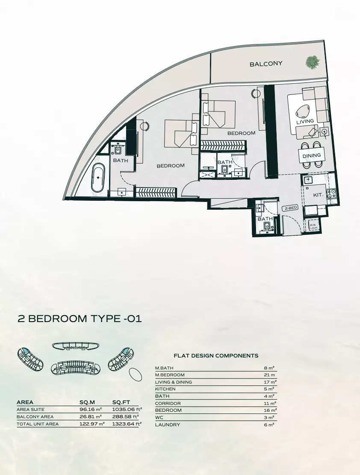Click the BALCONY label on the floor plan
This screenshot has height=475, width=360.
pos(266,64)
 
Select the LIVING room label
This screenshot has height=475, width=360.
pos(305,121)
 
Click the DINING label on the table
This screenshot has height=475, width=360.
pos(312,156)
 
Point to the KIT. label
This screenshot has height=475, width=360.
pos(318,194)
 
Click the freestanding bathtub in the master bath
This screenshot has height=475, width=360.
pos(99,176)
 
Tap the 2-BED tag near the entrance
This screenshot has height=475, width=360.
pos(290,208)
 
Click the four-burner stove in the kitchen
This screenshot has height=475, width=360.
pos(332,194)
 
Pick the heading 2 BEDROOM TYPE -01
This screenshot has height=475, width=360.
pos(79,319)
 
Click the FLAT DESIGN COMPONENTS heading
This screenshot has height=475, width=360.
pos(216,355)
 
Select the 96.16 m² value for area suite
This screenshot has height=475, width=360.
pos(90,410)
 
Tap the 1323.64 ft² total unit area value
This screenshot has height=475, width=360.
pos(127,424)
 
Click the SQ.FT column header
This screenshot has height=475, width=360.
pos(121,402)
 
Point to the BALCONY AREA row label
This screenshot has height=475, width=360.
pos(35,416)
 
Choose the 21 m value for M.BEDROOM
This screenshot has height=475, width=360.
pos(270,375)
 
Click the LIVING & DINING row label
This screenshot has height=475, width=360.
pos(174,382)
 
